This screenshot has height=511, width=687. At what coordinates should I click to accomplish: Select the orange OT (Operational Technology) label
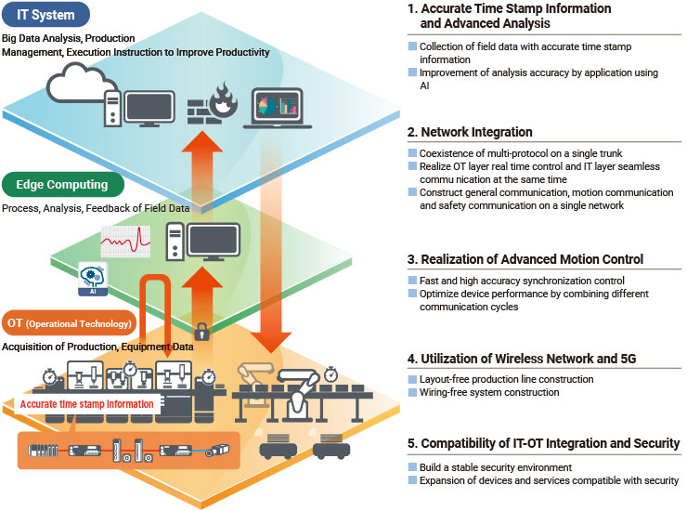point(70,323)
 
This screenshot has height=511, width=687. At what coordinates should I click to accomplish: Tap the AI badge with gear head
point(93,280)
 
